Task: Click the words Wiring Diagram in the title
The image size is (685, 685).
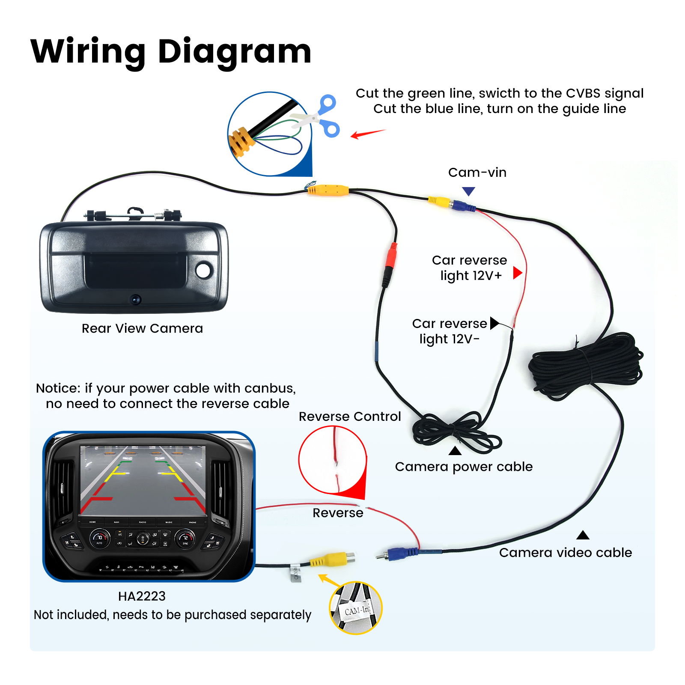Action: [x=171, y=51]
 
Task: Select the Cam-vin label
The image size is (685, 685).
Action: [x=477, y=173]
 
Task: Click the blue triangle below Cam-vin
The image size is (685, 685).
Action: [x=469, y=191]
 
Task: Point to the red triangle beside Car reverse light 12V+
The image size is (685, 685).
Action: [x=517, y=273]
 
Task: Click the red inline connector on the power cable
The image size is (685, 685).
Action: [x=390, y=256]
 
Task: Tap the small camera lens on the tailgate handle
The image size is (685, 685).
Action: [x=136, y=299]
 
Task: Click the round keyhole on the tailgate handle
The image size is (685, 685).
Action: [x=203, y=270]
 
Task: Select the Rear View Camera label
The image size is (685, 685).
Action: [x=142, y=328]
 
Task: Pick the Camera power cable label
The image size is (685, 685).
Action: [x=464, y=467]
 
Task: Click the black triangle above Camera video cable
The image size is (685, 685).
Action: [x=583, y=535]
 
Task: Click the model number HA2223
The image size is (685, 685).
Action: [x=142, y=596]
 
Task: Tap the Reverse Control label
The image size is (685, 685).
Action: [x=349, y=417]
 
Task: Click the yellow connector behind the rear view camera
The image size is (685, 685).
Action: [x=328, y=190]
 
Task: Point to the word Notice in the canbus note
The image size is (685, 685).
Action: [x=58, y=388]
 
